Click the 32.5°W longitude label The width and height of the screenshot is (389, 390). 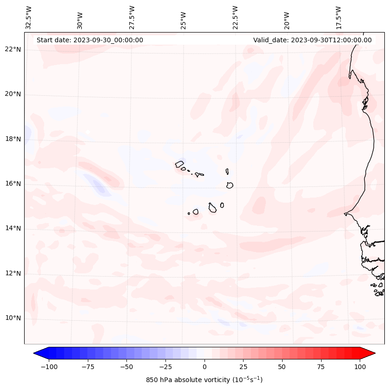(x=29, y=18)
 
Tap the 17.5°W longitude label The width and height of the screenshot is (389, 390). (x=338, y=18)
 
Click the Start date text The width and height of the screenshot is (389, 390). (x=90, y=40)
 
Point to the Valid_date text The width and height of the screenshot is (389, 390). (x=312, y=40)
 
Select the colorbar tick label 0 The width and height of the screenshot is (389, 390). (x=204, y=367)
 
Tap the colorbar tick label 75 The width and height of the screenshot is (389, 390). (x=321, y=367)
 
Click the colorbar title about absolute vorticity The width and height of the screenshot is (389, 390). (x=204, y=380)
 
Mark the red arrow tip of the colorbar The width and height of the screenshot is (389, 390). (x=374, y=353)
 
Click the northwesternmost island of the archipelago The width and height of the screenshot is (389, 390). (x=179, y=164)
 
